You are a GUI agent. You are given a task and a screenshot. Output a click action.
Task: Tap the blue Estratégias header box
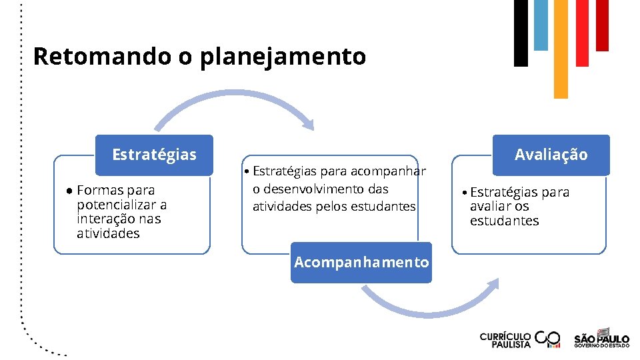(x=154, y=155)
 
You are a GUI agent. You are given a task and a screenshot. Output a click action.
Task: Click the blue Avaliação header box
(x=551, y=155)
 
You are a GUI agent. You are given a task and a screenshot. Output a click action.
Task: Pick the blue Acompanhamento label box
(x=361, y=262)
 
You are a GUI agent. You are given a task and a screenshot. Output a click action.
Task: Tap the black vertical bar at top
(x=521, y=33)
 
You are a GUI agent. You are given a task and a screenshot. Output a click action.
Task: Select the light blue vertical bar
(x=541, y=25)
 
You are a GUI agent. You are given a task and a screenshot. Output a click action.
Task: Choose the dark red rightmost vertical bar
(x=602, y=25)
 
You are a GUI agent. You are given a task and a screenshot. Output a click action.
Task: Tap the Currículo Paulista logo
(x=520, y=339)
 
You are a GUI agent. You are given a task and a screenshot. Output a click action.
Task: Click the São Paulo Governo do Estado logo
(x=601, y=338)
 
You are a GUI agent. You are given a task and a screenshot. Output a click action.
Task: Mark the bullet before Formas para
(x=69, y=191)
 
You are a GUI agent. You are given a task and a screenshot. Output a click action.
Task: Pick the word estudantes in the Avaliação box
(x=504, y=221)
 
